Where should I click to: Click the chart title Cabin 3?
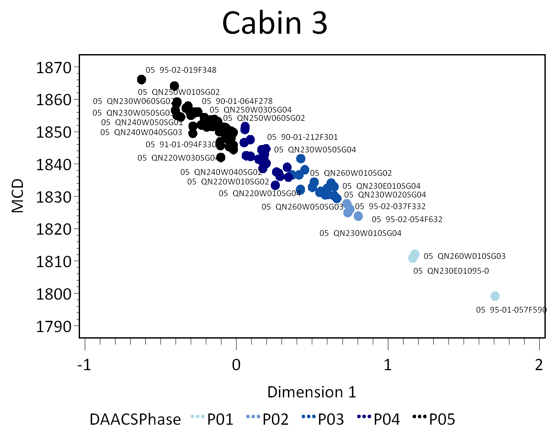pos(275,23)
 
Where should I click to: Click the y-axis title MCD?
pos(18,196)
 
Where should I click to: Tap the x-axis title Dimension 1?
pos(311,392)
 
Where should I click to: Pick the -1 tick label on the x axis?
pos(84,365)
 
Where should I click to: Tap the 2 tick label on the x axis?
pos(539,365)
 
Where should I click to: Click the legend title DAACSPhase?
pos(135,419)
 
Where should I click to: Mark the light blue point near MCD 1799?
pos(495,296)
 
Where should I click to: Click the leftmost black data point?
pos(141,80)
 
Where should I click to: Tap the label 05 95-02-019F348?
pos(181,70)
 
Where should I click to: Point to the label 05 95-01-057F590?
pos(511,310)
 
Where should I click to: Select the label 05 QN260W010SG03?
pos(464,256)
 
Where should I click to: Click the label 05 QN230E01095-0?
pos(451,271)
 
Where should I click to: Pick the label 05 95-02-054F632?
pos(407,219)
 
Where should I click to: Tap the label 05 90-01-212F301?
pos(302,137)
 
